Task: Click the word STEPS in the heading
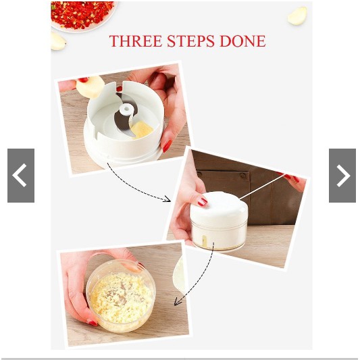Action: tap(190, 41)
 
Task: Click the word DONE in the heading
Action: tap(242, 41)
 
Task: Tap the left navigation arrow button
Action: tap(21, 176)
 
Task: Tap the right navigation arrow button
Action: tap(342, 176)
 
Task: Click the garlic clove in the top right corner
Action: tap(297, 16)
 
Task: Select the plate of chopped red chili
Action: tap(83, 16)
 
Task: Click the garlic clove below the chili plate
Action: tap(57, 41)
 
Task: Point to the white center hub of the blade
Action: tap(126, 109)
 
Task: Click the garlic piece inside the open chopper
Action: tap(142, 130)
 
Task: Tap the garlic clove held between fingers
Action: tap(91, 86)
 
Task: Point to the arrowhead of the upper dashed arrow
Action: tap(167, 199)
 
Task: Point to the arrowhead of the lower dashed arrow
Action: tap(178, 302)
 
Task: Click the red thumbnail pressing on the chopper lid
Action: tap(203, 202)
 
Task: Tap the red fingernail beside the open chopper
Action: tap(168, 146)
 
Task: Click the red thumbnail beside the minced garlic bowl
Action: tap(92, 322)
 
